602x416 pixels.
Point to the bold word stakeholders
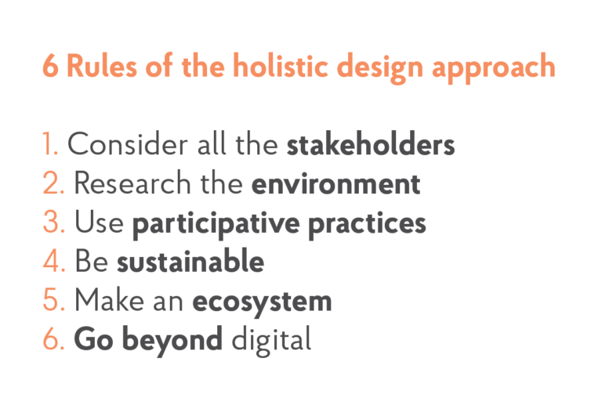point(371,146)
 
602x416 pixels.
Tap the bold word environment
point(335,184)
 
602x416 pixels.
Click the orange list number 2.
point(53,184)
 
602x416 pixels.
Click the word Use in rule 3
point(99,223)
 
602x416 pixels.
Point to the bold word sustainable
point(190,262)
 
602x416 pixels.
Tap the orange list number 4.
point(54,262)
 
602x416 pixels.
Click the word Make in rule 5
point(109,301)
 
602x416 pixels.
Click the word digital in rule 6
point(273,340)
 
